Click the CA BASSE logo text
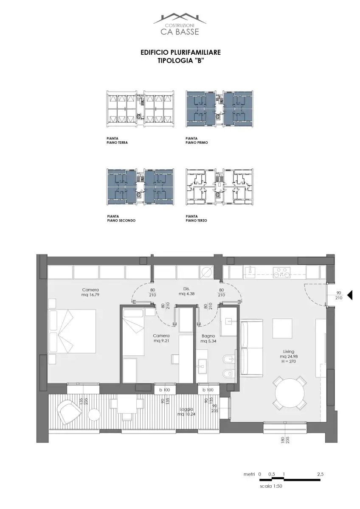tap(180, 31)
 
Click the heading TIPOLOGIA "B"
tap(180, 61)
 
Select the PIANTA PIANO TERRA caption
tap(117, 140)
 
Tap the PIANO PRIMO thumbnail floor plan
tap(219, 109)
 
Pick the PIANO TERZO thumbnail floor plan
tap(219, 187)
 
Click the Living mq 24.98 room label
tap(289, 356)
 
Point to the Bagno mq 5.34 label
tap(208, 338)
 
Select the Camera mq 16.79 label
tap(90, 292)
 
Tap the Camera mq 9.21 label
tap(161, 338)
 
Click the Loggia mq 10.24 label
tap(186, 411)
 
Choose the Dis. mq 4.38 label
tap(187, 291)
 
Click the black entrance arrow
tap(349, 295)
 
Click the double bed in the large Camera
tap(72, 331)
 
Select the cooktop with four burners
tap(282, 272)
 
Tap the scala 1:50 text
tap(271, 486)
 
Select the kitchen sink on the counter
tap(250, 269)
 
